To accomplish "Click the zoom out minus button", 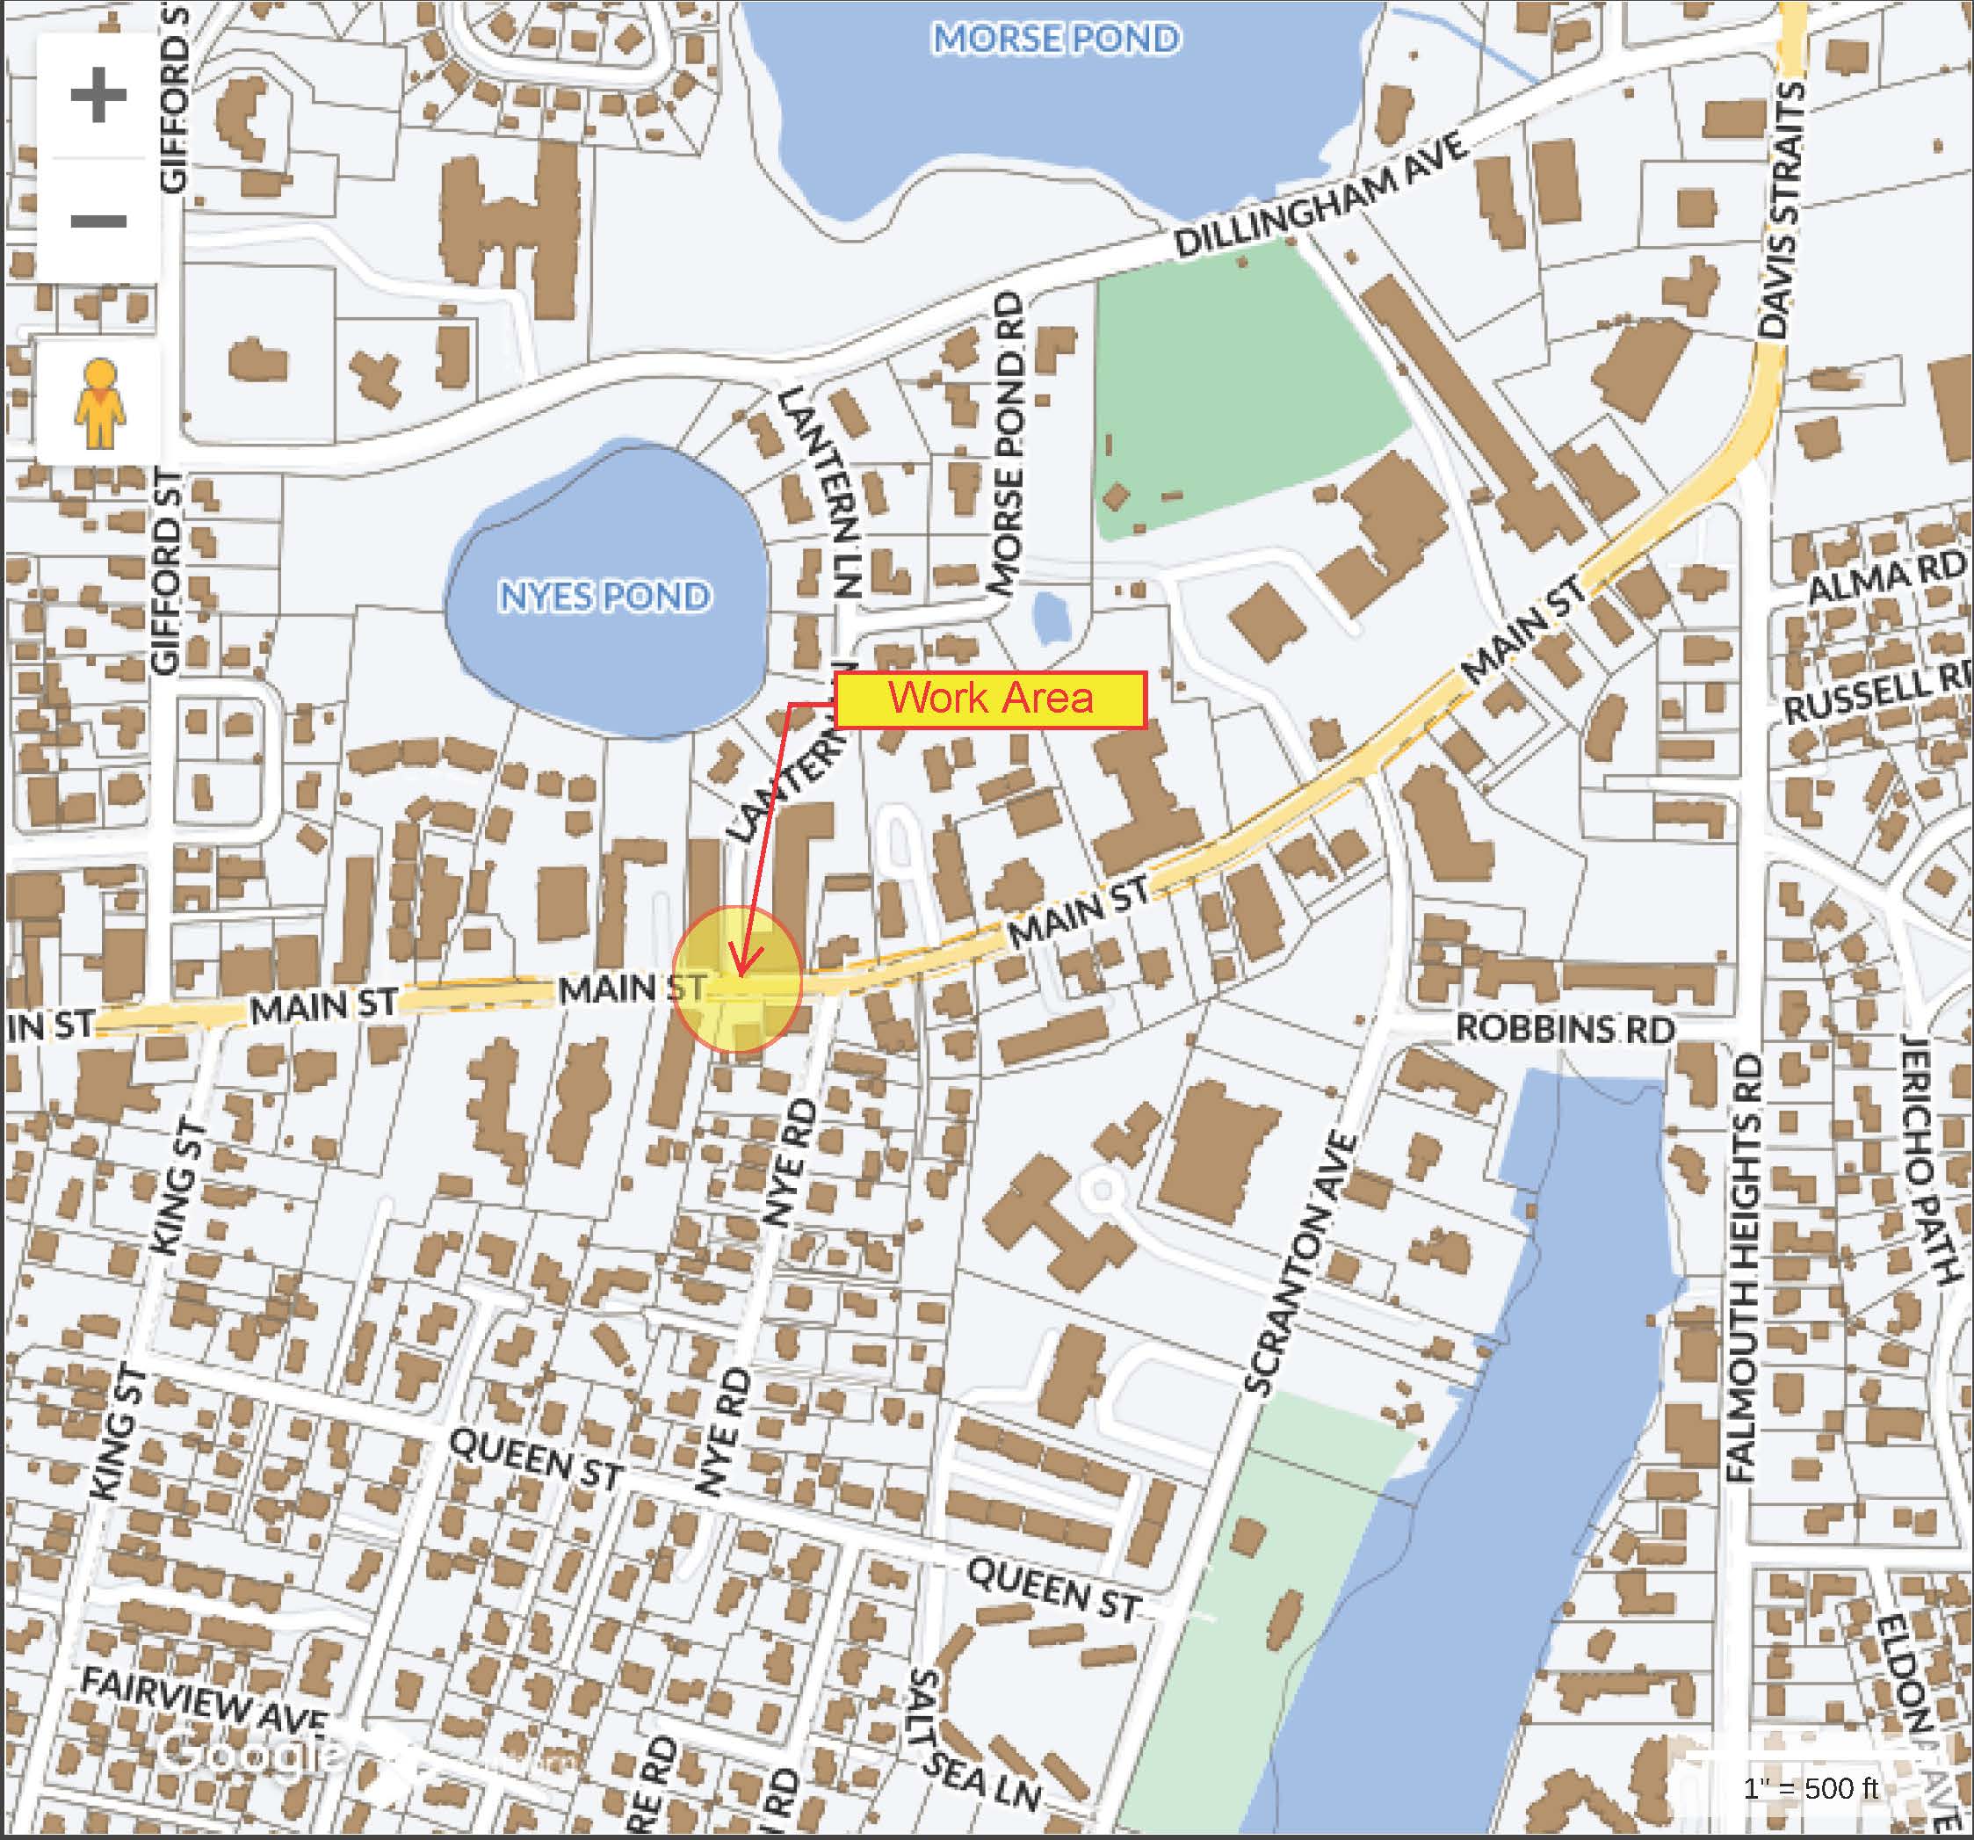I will pyautogui.click(x=98, y=221).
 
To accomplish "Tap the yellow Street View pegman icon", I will pyautogui.click(x=98, y=403).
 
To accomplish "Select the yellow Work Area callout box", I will pyautogui.click(x=990, y=699).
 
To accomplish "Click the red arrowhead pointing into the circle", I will pyautogui.click(x=742, y=963).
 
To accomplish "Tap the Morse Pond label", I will pyautogui.click(x=1055, y=39).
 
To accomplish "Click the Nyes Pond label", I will pyautogui.click(x=604, y=596).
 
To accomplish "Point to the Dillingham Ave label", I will pyautogui.click(x=1320, y=197).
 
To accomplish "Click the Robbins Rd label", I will pyautogui.click(x=1565, y=1029).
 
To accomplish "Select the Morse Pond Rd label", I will pyautogui.click(x=1008, y=443).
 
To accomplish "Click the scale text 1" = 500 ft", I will pyautogui.click(x=1811, y=1788).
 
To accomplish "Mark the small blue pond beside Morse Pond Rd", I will pyautogui.click(x=1051, y=618).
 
